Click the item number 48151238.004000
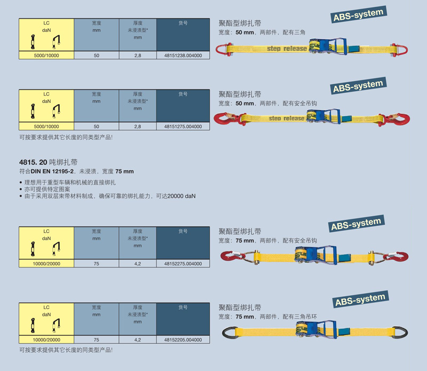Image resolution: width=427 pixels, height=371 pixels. [x=183, y=55]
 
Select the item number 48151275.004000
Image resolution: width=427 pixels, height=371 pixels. [x=183, y=127]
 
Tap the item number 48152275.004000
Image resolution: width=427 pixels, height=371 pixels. [x=183, y=263]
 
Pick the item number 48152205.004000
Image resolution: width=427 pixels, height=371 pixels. [x=183, y=340]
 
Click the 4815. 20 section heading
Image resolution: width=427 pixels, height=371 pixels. [x=48, y=162]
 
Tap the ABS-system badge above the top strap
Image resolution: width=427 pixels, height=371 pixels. [x=358, y=15]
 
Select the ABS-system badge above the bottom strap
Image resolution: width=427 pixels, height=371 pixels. [x=360, y=299]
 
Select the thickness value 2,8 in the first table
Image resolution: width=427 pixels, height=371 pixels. [x=138, y=55]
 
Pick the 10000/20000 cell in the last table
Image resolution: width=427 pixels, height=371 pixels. [x=46, y=340]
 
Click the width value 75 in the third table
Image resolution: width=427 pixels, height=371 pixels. [x=96, y=263]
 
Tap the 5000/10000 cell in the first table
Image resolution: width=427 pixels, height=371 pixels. [x=46, y=55]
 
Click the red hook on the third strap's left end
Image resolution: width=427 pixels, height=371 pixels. [x=230, y=258]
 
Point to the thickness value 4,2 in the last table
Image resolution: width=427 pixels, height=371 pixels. [x=138, y=340]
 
